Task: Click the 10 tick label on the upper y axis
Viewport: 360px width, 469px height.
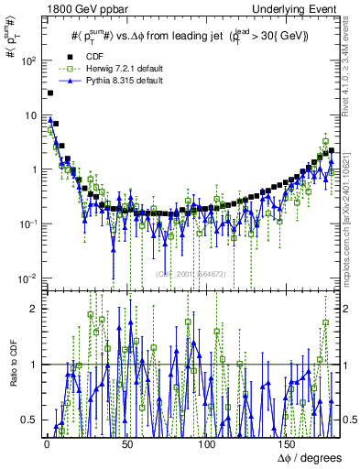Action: [28, 115]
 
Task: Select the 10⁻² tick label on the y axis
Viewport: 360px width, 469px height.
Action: [25, 278]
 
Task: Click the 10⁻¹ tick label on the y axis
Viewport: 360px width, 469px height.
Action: [25, 224]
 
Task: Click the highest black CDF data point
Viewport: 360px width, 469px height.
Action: [50, 93]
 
